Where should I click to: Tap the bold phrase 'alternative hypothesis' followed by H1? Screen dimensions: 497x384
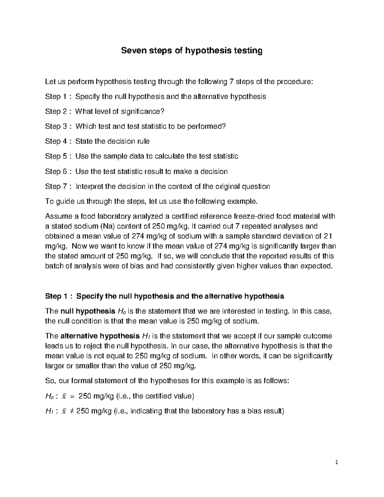(100, 336)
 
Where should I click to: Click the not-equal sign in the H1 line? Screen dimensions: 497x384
(72, 411)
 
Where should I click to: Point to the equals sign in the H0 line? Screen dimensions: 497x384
(72, 396)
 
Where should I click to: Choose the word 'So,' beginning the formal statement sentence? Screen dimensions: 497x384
(51, 381)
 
